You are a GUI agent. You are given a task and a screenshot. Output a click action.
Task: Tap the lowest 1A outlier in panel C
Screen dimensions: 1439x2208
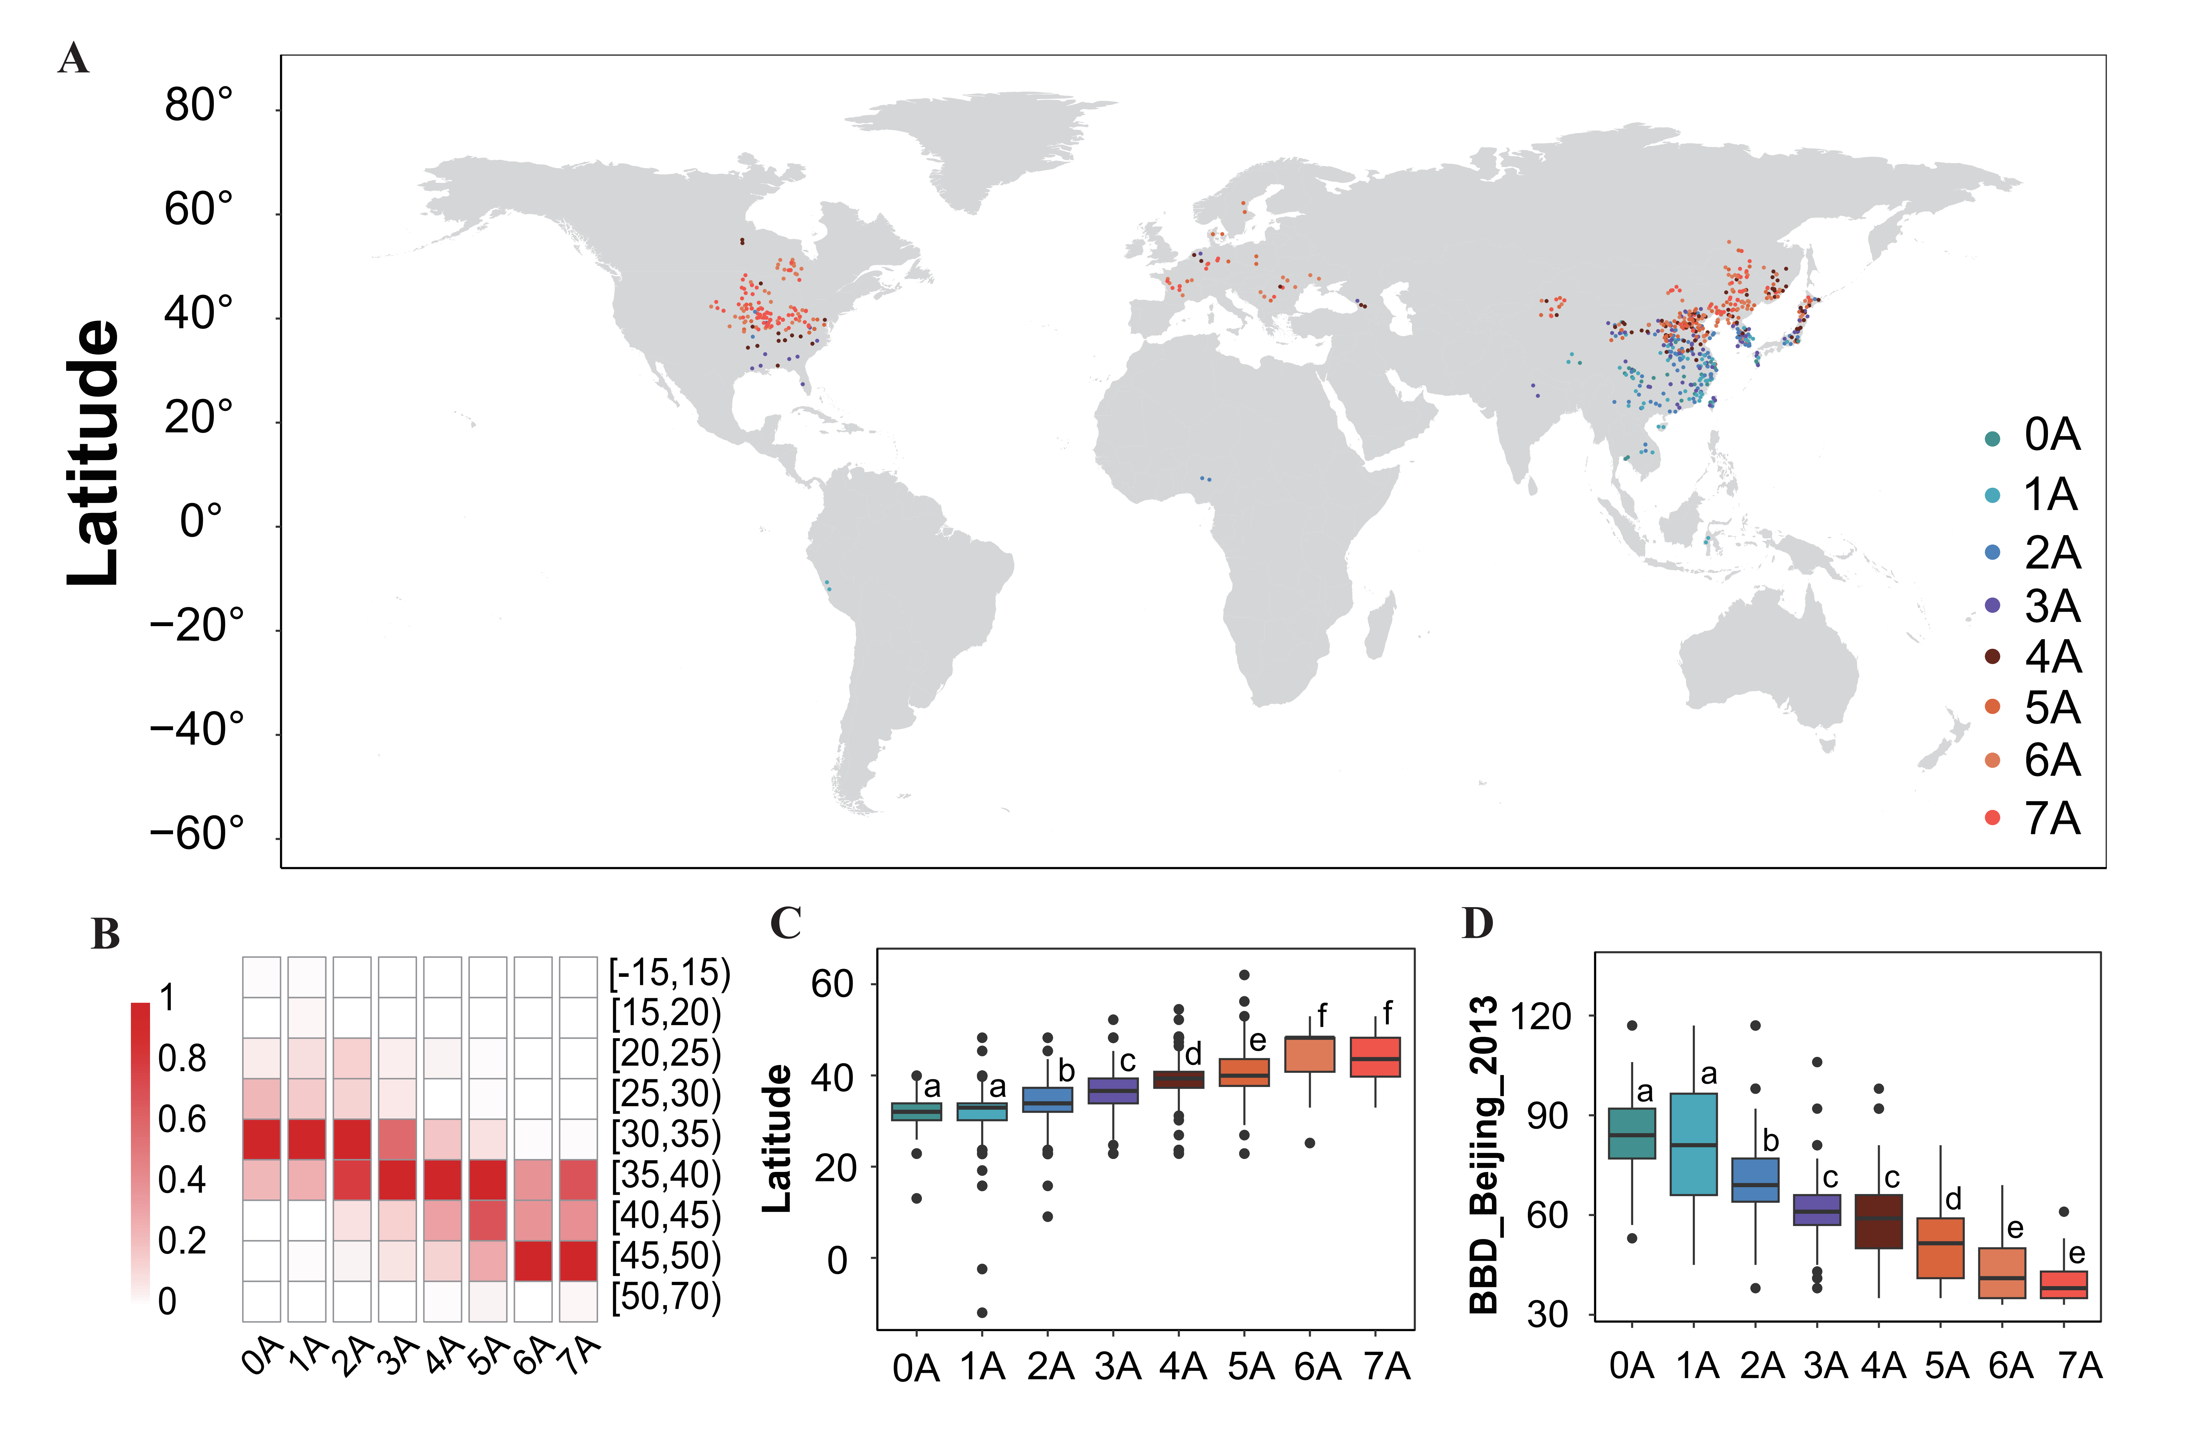[x=982, y=1312]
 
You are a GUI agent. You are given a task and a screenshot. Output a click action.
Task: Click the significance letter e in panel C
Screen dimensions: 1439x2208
[x=1257, y=1041]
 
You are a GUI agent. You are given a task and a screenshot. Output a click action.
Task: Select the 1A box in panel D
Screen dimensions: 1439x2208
[x=1693, y=1144]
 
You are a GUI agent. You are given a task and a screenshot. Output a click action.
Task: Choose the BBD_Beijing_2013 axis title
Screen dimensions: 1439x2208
[x=1484, y=1155]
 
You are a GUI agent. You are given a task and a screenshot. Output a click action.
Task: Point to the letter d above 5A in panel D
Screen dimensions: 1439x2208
[x=1953, y=1199]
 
